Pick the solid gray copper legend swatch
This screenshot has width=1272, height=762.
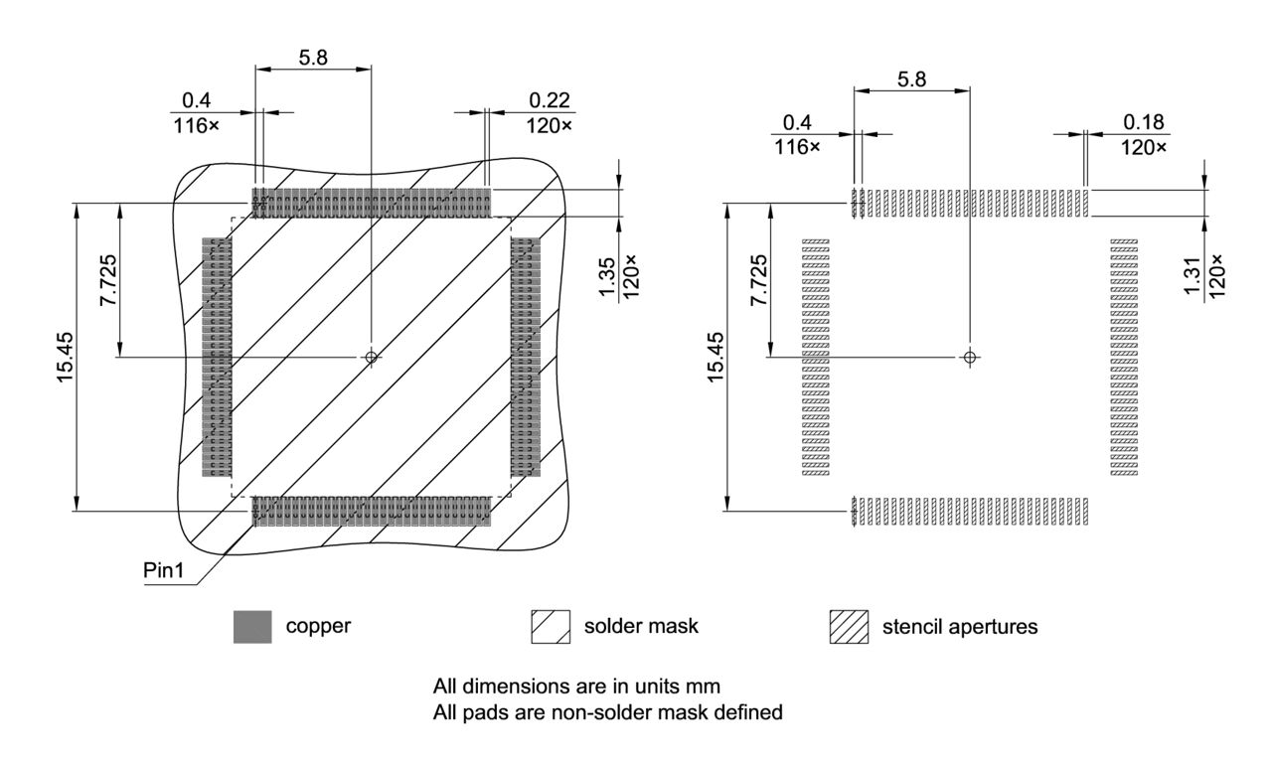[x=252, y=628]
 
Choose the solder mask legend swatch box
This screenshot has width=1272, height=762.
[x=551, y=628]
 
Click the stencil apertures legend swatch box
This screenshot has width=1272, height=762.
[x=849, y=628]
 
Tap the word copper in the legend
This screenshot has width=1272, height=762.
[x=318, y=627]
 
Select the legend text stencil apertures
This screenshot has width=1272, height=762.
[x=960, y=627]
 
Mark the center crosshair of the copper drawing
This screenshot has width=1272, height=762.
[x=372, y=357]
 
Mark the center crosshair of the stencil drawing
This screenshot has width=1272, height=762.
[x=970, y=357]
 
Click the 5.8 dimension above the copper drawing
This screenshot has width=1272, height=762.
[x=313, y=58]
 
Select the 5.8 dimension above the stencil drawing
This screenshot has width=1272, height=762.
[x=911, y=79]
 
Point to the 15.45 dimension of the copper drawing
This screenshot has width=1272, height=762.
[x=67, y=357]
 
